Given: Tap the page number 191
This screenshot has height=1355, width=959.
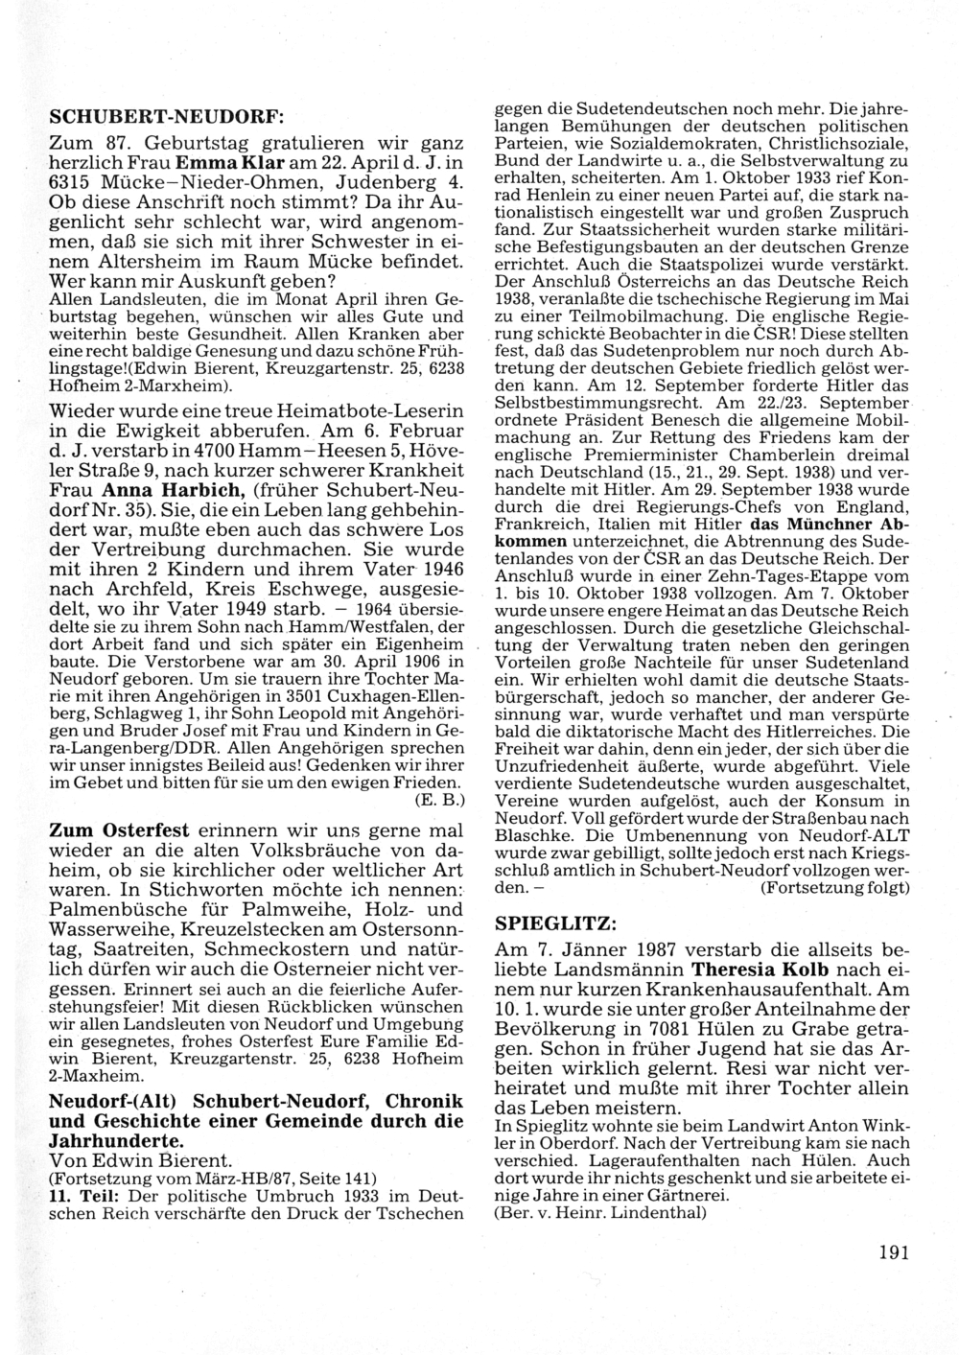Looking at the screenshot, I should coord(893,1250).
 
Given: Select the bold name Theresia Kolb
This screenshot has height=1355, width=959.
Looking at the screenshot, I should coord(764,970).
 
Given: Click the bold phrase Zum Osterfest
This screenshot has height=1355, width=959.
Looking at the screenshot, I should coord(119,829).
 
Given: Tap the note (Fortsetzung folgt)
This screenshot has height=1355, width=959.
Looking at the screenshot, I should coord(833,888).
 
